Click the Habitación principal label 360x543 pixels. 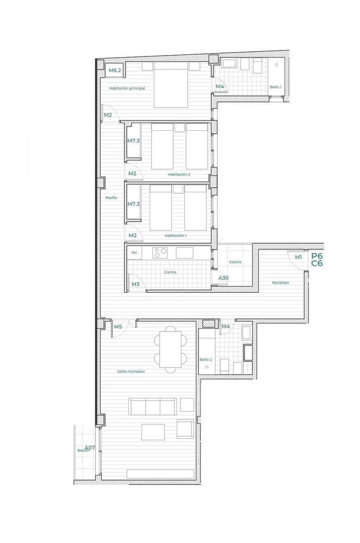click(x=127, y=88)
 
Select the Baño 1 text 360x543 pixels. click(x=275, y=86)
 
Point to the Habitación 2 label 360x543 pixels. click(x=179, y=174)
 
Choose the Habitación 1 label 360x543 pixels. click(x=175, y=236)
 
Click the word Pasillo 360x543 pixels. click(x=111, y=198)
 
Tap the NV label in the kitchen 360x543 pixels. click(x=134, y=253)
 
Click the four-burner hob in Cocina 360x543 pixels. click(x=160, y=252)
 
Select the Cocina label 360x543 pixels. click(x=171, y=272)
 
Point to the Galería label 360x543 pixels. click(x=235, y=262)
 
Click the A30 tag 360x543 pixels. click(x=223, y=278)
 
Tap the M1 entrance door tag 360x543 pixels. click(x=298, y=257)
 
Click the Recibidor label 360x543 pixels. click(x=280, y=283)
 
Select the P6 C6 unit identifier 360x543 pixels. click(x=317, y=259)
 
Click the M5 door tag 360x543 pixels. click(x=118, y=326)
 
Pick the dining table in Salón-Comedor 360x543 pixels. click(x=171, y=349)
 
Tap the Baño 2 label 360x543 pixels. click(x=205, y=360)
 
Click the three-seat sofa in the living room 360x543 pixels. click(x=152, y=406)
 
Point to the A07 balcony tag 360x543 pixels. click(x=90, y=448)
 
